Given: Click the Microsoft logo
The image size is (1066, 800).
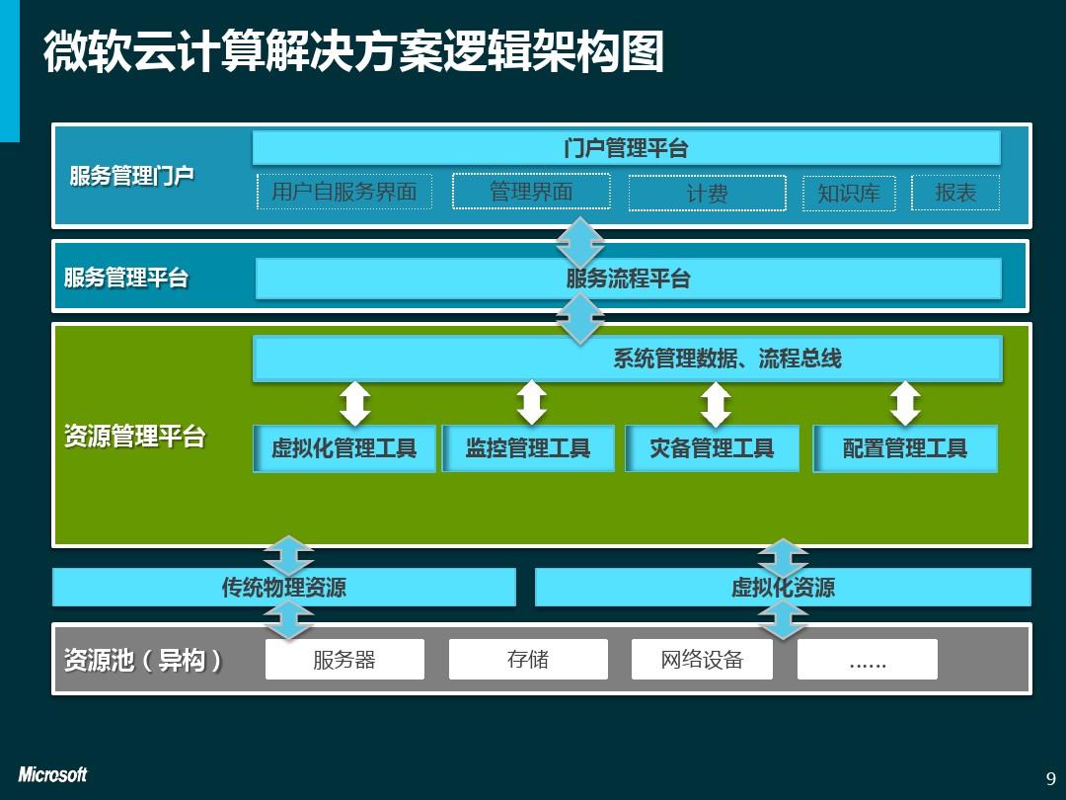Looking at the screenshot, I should pos(52,775).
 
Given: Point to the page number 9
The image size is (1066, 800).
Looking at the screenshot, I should pos(1050,777).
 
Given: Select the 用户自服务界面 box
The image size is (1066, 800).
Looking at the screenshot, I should pos(343,192).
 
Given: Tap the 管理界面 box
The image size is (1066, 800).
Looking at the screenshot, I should pos(531,192).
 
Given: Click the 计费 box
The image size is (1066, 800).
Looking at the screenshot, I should pos(707,194).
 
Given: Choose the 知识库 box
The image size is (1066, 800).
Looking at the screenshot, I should pos(848,194).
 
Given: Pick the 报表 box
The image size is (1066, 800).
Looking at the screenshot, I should pos(954,193).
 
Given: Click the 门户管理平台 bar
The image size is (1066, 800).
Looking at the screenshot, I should pos(626,148).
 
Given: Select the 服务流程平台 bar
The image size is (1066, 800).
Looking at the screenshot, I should pos(628,279).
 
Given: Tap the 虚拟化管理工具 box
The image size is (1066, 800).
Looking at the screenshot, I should pos(343,448).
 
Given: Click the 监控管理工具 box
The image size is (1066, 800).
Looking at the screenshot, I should pos(528,448).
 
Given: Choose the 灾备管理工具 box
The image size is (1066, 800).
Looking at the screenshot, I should pos(712,448).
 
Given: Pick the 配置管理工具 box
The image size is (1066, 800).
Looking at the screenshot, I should pos(904,448).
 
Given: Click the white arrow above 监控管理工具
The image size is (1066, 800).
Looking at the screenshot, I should pos(531,403).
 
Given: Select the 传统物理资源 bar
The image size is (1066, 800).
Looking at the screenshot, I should pos(283,588).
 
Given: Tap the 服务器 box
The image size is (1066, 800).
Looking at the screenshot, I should pos(344,659).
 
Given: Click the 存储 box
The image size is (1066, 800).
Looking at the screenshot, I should pos(528,659).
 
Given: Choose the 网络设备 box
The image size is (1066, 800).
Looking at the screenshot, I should pos(702,659).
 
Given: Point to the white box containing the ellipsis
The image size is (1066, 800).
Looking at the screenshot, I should pos(867,659).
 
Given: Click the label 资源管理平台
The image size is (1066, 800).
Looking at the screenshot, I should pos(134,437).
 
